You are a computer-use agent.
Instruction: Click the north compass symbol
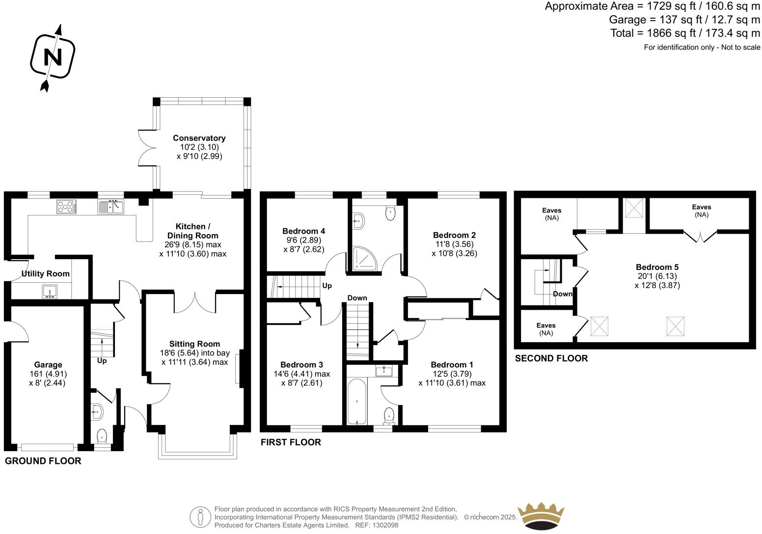tap(53, 57)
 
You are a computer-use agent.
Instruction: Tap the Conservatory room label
tap(199, 138)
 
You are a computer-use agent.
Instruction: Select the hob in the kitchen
tap(66, 207)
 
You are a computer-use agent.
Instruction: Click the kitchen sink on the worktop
tap(111, 207)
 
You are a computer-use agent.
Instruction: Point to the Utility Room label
tap(45, 273)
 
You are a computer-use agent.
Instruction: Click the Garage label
tap(48, 365)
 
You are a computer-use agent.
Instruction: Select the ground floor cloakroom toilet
tap(102, 436)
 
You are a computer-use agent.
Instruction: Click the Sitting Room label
tap(194, 344)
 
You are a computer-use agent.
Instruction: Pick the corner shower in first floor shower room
tap(364, 258)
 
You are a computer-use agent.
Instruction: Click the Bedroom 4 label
tap(303, 231)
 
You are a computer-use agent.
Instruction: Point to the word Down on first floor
tap(357, 298)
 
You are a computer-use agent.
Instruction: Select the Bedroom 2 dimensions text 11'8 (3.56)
tap(454, 244)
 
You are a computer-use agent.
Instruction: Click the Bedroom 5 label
tap(657, 267)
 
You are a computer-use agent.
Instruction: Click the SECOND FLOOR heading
tap(551, 358)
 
